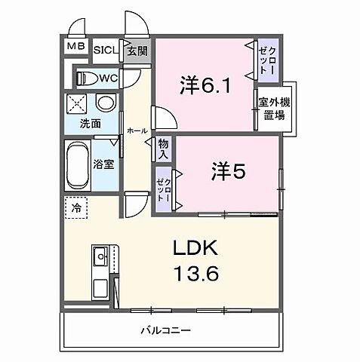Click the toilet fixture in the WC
[x=88, y=77]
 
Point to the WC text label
[x=107, y=78]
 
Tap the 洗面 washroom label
[x=92, y=124]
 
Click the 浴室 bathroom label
[x=104, y=163]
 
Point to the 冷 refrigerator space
[x=76, y=207]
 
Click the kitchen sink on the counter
[x=100, y=259]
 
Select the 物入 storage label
[x=163, y=149]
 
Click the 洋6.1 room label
[x=203, y=84]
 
